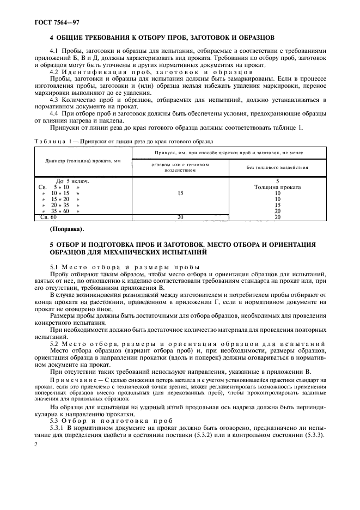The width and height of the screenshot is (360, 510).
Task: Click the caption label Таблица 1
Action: coord(51,141)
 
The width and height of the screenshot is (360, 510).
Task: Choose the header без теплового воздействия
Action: coord(277,167)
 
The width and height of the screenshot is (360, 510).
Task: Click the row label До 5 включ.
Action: coord(72,181)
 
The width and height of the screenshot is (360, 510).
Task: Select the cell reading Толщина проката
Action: coord(277,187)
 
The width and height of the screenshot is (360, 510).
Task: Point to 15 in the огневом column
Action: coord(180,193)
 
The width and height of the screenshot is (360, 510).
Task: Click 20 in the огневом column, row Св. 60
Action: coord(180,217)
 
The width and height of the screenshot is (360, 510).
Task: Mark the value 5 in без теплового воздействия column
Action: coord(277,181)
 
